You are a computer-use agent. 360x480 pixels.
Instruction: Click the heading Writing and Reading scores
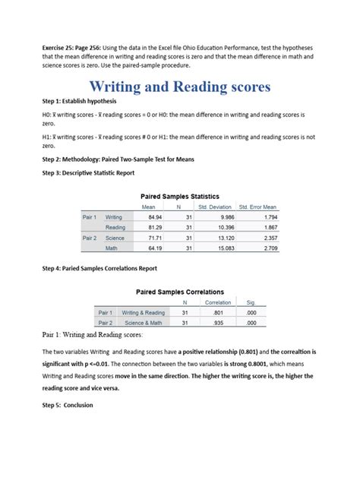click(180, 87)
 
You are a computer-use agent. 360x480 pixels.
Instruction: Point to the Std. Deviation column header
click(214, 207)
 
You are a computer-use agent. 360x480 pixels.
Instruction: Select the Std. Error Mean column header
click(257, 207)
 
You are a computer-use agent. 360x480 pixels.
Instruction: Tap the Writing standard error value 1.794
click(268, 216)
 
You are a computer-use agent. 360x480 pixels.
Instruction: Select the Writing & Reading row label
click(143, 312)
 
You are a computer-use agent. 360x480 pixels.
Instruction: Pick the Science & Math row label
click(143, 322)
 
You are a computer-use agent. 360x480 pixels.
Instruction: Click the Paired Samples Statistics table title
click(180, 196)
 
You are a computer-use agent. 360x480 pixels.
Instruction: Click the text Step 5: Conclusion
click(68, 405)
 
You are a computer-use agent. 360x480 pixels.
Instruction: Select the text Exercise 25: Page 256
click(67, 47)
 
